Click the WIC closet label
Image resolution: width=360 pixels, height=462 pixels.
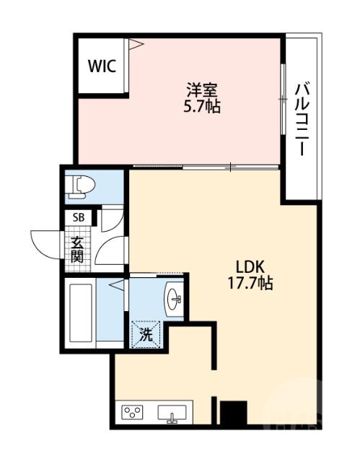[102, 66]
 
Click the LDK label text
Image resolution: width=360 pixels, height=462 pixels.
[250, 267]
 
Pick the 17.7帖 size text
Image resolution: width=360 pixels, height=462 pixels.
[250, 283]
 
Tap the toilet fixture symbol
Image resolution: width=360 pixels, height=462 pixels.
[82, 187]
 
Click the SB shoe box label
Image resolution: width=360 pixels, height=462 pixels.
[79, 217]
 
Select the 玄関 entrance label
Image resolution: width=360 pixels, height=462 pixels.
[77, 249]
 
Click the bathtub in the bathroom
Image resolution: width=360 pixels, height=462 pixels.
[80, 313]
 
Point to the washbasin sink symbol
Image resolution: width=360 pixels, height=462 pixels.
[175, 299]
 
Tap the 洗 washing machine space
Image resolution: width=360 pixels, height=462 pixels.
[146, 335]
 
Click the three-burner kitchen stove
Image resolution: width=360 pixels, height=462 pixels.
[132, 412]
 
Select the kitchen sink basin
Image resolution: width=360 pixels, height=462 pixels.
[172, 413]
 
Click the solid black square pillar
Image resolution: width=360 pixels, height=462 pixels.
[234, 412]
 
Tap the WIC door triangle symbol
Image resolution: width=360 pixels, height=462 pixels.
[136, 44]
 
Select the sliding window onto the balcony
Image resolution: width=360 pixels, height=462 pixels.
[283, 99]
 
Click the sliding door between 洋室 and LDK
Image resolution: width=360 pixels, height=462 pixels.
[206, 167]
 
